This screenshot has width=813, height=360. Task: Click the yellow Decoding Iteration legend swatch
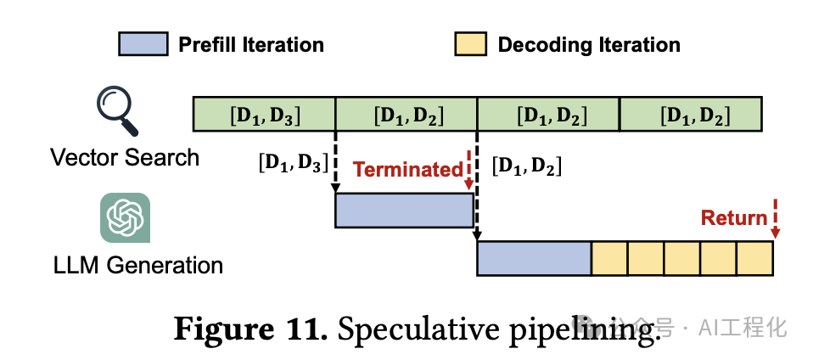click(470, 44)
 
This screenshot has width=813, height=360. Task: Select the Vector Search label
click(125, 157)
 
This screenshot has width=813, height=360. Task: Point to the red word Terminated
click(407, 169)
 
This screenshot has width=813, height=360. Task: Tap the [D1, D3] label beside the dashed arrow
click(293, 163)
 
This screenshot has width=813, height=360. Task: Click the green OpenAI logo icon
click(125, 218)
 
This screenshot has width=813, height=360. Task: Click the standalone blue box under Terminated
click(404, 211)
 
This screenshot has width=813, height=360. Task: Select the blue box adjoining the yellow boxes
click(534, 258)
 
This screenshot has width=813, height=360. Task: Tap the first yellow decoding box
click(609, 258)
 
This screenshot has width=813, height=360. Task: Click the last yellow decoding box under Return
click(754, 258)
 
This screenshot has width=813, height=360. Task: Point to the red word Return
click(734, 218)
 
